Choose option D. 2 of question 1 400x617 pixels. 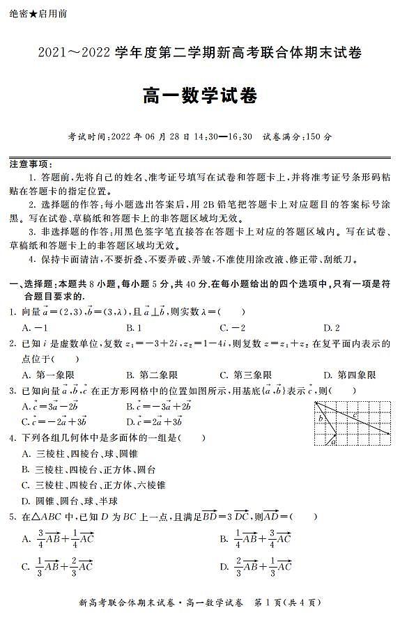(332, 327)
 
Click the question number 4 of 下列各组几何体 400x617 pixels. (12, 438)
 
